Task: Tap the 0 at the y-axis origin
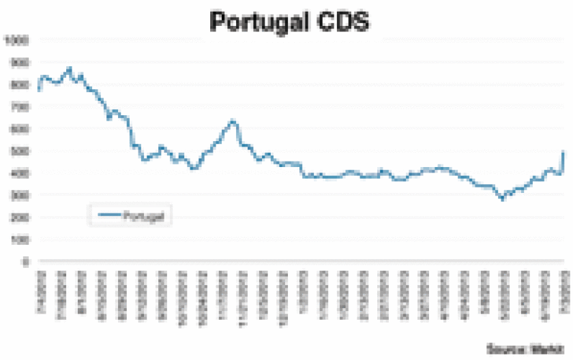[25, 261]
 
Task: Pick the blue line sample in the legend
[109, 215]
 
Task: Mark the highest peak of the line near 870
[69, 68]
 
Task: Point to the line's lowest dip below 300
[503, 199]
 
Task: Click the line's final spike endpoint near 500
[563, 152]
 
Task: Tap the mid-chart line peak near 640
[233, 121]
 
